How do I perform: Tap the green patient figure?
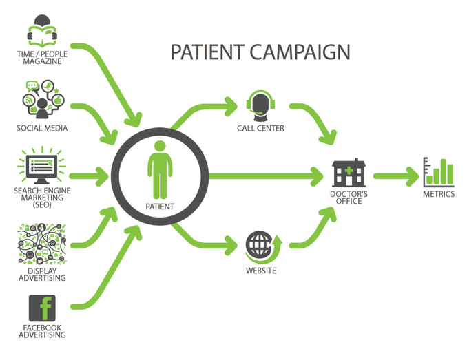[160, 169]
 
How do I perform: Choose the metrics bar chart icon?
[439, 171]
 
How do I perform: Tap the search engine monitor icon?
[43, 165]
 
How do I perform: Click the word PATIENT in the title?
[204, 52]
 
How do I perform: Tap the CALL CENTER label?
[260, 128]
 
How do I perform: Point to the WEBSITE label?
[260, 271]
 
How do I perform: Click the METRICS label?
[439, 194]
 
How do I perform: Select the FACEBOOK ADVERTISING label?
[43, 331]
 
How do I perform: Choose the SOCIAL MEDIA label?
[43, 128]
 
